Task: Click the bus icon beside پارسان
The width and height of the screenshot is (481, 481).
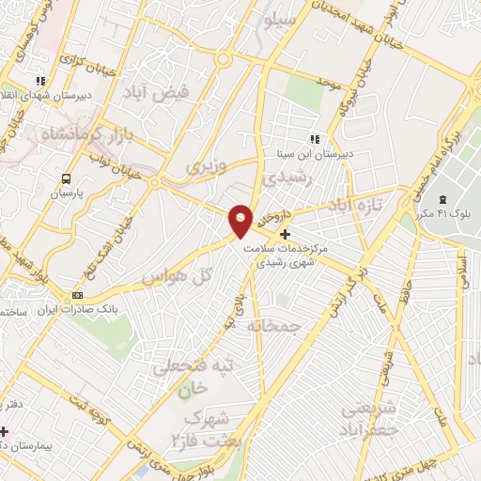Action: pyautogui.click(x=65, y=178)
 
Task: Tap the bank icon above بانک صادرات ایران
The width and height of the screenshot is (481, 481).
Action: pyautogui.click(x=77, y=294)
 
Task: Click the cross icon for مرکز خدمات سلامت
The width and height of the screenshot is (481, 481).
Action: pyautogui.click(x=286, y=234)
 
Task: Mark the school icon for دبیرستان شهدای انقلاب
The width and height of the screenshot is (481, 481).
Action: pyautogui.click(x=39, y=81)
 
